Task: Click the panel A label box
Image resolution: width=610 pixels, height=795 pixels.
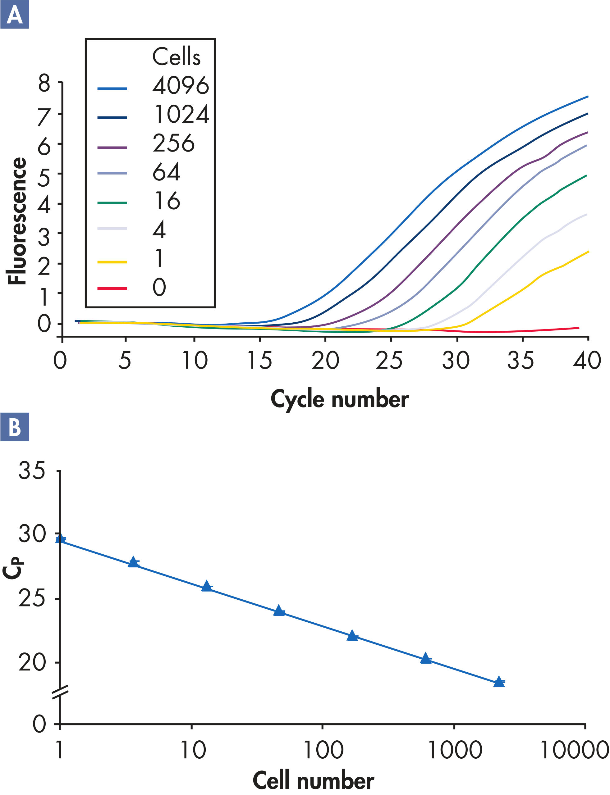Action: click(x=15, y=15)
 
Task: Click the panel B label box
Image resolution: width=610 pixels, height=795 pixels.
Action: click(x=15, y=427)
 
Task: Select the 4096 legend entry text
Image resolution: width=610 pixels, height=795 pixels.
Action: click(x=181, y=86)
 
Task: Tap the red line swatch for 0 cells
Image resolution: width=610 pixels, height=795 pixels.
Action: click(x=112, y=288)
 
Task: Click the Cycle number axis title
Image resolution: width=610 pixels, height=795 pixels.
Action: click(x=340, y=399)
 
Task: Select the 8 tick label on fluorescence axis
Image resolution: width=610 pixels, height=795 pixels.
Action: click(x=44, y=84)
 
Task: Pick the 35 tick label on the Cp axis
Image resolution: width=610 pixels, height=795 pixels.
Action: click(x=32, y=471)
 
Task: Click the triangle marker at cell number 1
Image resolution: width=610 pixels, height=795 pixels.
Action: click(x=60, y=538)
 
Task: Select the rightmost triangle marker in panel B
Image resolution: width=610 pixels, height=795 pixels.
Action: click(x=499, y=681)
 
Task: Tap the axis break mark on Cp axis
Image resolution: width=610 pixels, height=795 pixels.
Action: click(x=60, y=692)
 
